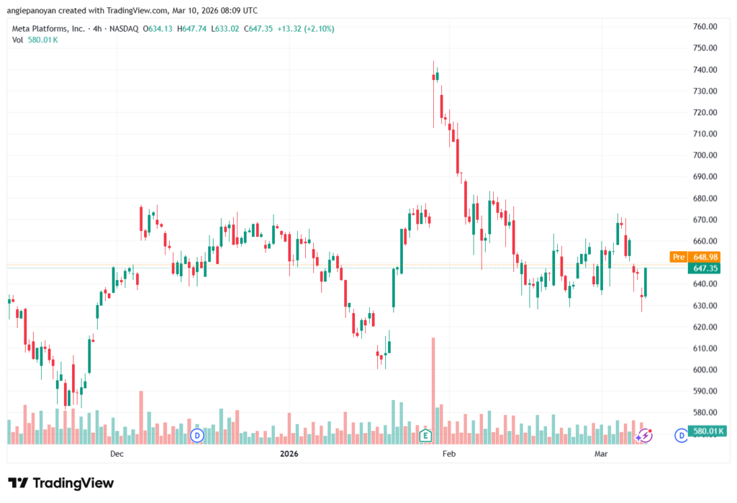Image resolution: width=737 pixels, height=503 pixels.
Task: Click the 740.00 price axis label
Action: (705, 70)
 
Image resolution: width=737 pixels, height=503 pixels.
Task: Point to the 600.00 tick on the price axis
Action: (705, 369)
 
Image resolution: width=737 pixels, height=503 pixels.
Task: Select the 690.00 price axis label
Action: (705, 177)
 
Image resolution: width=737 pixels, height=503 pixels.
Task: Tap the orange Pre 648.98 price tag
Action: (695, 257)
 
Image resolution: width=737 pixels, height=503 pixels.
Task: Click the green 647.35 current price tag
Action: (704, 268)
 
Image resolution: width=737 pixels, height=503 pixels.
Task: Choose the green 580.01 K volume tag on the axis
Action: (707, 431)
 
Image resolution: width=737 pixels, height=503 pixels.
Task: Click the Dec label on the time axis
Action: (117, 453)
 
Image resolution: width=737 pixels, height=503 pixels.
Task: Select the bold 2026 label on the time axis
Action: (289, 453)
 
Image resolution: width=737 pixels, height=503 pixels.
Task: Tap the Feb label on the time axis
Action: (449, 453)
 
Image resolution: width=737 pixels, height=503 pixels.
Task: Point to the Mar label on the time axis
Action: (601, 453)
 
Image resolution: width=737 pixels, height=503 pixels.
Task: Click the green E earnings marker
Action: (425, 436)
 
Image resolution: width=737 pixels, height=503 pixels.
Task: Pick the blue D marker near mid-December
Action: (197, 435)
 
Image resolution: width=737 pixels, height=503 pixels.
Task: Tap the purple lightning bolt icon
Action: (646, 435)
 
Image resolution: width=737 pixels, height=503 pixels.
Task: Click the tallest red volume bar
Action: (433, 391)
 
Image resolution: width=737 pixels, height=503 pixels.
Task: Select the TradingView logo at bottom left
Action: (61, 483)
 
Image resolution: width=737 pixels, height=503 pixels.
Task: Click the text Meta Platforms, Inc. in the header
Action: (48, 29)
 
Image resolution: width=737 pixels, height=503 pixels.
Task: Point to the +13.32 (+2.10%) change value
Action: (305, 29)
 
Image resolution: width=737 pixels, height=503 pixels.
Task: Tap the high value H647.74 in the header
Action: (191, 29)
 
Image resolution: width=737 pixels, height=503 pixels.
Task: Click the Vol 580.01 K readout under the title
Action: (35, 40)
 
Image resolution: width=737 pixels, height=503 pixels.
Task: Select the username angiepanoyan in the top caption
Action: (32, 10)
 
